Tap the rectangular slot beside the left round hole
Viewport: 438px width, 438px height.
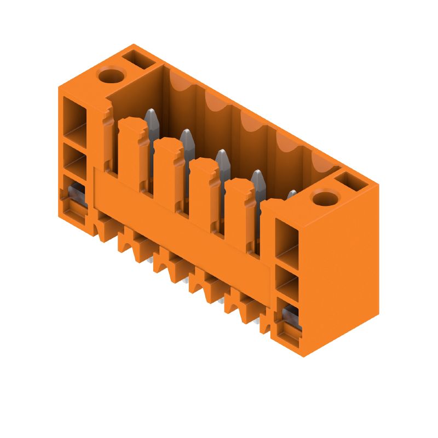click(x=135, y=58)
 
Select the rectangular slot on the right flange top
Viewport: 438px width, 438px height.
click(x=350, y=181)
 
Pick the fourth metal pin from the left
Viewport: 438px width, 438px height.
click(x=257, y=178)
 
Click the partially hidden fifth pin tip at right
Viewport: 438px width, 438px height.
click(x=292, y=194)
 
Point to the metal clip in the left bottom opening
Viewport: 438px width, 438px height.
click(x=74, y=192)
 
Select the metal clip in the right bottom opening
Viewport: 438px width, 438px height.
click(x=290, y=315)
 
